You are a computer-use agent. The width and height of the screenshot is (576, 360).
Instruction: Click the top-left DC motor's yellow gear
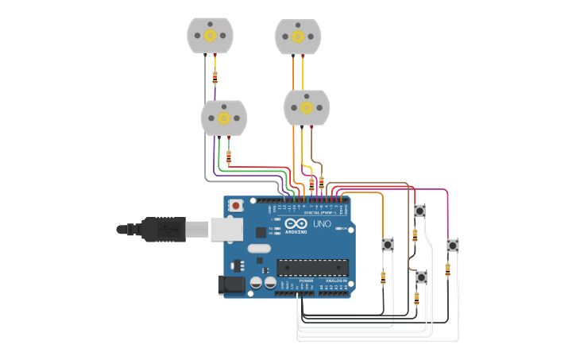click(211, 35)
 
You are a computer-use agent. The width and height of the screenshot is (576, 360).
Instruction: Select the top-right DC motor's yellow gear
click(298, 36)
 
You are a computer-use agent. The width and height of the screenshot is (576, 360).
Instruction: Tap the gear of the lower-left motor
click(224, 118)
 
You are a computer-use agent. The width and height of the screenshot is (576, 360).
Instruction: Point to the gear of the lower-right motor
click(307, 107)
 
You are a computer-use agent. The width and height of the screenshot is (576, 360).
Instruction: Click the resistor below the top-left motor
click(215, 78)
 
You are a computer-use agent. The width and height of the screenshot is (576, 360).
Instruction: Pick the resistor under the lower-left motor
click(229, 157)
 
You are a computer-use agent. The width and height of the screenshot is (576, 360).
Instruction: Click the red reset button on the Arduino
click(235, 206)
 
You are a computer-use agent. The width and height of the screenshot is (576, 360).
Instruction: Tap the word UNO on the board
click(322, 224)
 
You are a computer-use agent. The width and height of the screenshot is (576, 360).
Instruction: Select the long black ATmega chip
click(312, 268)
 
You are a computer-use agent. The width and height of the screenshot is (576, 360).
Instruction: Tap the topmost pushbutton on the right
click(419, 211)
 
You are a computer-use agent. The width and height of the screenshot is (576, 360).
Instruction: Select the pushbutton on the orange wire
click(388, 244)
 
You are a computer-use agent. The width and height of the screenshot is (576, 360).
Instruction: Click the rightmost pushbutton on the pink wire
click(452, 245)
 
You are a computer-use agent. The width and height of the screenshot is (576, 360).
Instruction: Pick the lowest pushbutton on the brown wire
click(421, 277)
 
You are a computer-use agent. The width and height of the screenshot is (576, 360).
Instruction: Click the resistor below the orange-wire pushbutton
click(383, 277)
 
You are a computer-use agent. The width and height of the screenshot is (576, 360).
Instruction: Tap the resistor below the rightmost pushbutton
click(447, 269)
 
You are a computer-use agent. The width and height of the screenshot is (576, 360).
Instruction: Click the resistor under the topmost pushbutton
click(415, 235)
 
